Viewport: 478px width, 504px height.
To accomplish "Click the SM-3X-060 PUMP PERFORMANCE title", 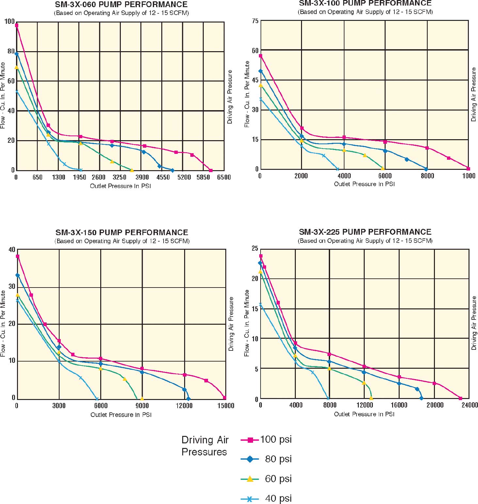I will [x=121, y=5].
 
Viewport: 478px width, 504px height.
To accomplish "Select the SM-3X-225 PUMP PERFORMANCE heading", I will [x=365, y=232].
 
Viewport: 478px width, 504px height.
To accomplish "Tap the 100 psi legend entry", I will [x=276, y=439].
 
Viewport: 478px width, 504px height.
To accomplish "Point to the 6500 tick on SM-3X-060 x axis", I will [x=224, y=177].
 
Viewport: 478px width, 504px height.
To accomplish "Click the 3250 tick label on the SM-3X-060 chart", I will [x=119, y=177].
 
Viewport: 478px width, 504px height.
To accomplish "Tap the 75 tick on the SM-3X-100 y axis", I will [x=255, y=21].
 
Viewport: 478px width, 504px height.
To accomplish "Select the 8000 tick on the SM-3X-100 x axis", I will [x=427, y=176].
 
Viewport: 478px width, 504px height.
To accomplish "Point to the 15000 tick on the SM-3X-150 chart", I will [x=226, y=406].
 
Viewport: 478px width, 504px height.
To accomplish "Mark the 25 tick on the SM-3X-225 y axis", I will [x=255, y=249].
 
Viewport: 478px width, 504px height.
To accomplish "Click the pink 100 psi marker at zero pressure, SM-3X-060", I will [x=17, y=25].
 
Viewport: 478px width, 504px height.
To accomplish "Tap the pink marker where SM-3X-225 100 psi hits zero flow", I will [x=460, y=398].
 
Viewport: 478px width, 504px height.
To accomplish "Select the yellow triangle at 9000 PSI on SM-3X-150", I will [x=142, y=398].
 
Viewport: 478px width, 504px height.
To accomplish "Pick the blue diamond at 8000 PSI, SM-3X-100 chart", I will [x=426, y=169].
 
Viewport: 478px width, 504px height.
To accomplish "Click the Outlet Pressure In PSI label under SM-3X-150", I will [x=121, y=415].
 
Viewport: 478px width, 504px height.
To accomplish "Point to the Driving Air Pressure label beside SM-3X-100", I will [x=474, y=95].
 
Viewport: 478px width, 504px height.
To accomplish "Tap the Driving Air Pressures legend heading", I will [x=205, y=446].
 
